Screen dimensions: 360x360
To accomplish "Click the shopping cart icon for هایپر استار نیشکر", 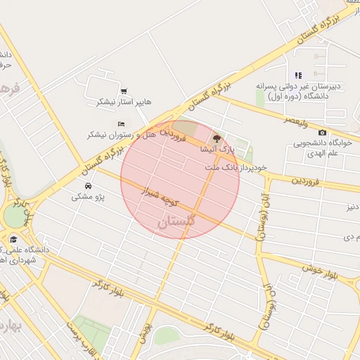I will [124, 91].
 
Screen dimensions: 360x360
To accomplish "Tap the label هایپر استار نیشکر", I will [124, 102].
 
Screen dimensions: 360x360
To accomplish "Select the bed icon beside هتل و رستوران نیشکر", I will [120, 124].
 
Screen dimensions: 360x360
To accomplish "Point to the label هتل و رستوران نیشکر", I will [116, 134].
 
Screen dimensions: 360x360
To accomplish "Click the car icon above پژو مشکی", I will [88, 186].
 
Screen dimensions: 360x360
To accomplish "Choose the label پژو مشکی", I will [88, 197].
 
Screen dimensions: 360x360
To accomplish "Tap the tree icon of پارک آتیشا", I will [217, 139].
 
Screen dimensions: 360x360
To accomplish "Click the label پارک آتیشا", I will [214, 149].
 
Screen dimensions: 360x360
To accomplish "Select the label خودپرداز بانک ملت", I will [236, 168].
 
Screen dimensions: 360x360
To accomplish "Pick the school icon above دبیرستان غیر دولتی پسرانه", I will [298, 75].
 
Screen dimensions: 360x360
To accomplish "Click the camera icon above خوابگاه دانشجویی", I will [322, 133].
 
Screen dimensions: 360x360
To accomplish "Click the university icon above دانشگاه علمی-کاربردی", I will [13, 240].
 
